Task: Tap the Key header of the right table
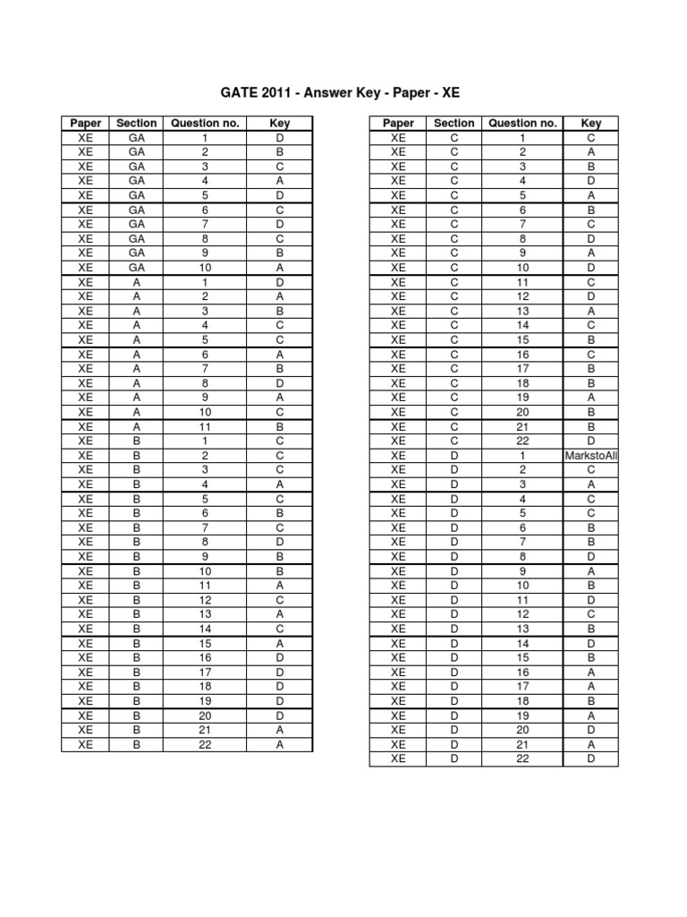591,124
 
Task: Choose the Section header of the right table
454,124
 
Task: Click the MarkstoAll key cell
591,456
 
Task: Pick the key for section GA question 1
280,138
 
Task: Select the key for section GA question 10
280,268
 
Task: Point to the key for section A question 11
280,426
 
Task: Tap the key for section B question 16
280,657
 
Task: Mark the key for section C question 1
591,138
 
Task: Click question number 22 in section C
523,441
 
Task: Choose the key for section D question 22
591,758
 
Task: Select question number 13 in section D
523,629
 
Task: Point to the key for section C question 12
591,296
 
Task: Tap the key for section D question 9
591,571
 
